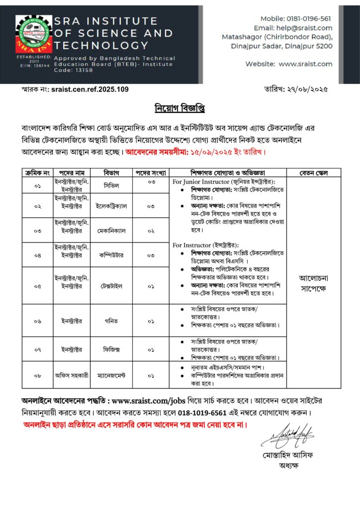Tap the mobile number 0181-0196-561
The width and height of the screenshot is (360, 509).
click(309, 18)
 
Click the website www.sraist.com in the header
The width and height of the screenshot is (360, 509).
click(305, 64)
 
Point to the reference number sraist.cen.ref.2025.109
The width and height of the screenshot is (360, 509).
click(90, 89)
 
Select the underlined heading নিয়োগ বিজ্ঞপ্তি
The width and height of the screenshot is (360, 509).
click(180, 108)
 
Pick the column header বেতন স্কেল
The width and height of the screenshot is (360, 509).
click(313, 173)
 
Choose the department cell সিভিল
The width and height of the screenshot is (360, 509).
click(112, 185)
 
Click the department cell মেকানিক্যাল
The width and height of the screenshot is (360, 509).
click(112, 231)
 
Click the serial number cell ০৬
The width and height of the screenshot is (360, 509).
click(38, 321)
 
